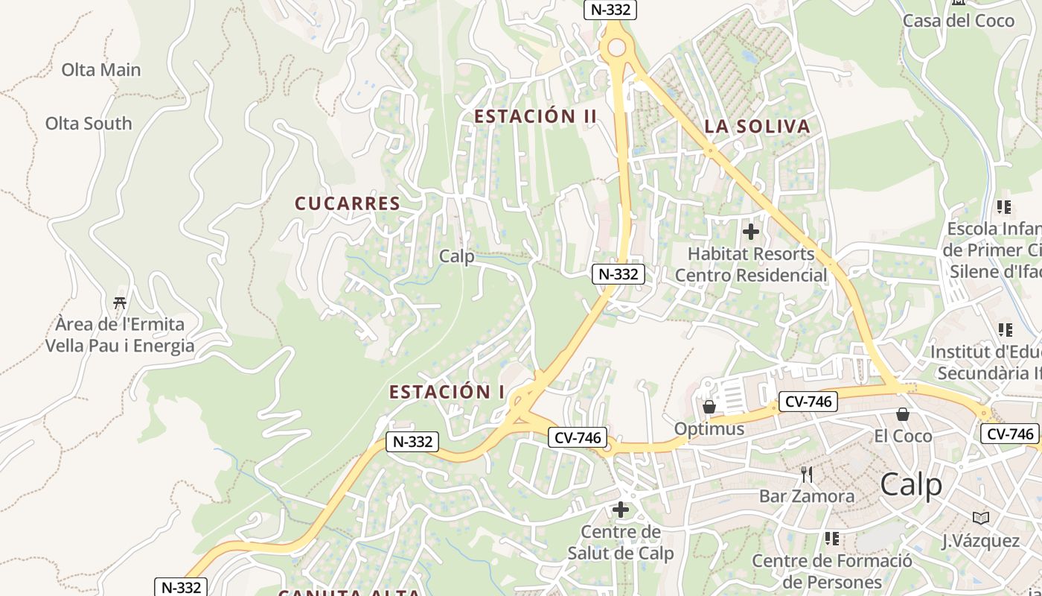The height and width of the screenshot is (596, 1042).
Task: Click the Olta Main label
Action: (100, 70)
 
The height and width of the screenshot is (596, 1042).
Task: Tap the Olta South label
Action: (89, 124)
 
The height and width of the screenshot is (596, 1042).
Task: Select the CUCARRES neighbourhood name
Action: (348, 203)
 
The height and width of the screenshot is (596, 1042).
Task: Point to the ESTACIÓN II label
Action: (536, 116)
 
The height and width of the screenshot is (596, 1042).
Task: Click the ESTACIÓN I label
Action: (447, 392)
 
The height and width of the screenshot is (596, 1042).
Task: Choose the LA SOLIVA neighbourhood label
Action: (757, 127)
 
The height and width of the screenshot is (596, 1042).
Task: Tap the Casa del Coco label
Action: (959, 21)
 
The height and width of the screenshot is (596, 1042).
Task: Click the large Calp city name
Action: (911, 485)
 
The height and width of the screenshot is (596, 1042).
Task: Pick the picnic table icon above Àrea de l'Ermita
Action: (120, 302)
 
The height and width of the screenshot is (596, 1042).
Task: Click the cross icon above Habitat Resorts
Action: (751, 232)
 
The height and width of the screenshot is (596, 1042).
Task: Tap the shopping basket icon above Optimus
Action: (709, 407)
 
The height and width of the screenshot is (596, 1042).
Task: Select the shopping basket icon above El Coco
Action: (903, 413)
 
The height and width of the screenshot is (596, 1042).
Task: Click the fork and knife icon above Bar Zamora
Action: (807, 474)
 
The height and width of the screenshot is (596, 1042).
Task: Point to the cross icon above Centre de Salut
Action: (620, 510)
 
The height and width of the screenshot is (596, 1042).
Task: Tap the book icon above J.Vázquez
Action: (981, 518)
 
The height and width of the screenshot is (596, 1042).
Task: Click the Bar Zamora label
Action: (807, 496)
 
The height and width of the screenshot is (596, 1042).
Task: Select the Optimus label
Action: (709, 429)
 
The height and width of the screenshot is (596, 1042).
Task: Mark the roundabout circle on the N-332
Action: (616, 48)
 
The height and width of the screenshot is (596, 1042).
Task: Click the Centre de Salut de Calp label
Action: (620, 543)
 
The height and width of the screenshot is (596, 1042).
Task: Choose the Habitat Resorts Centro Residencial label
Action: (751, 264)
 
